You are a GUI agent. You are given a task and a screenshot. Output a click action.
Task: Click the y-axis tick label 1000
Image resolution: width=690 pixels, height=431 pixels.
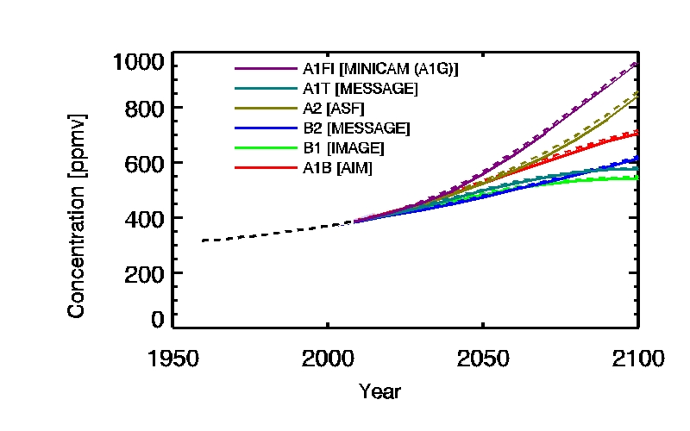(138, 64)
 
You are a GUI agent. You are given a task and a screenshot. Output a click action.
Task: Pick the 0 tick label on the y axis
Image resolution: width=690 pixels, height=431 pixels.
(156, 320)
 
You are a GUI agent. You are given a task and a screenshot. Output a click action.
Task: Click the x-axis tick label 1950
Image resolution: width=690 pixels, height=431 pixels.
(172, 358)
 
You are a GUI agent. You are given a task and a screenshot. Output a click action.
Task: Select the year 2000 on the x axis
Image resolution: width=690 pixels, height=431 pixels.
(328, 358)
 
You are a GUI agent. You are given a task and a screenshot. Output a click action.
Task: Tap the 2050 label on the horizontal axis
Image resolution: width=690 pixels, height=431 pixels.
(483, 358)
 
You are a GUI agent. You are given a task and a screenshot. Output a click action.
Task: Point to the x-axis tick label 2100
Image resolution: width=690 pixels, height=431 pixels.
(637, 358)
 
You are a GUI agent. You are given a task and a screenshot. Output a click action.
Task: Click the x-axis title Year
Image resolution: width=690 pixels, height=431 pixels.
(379, 391)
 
